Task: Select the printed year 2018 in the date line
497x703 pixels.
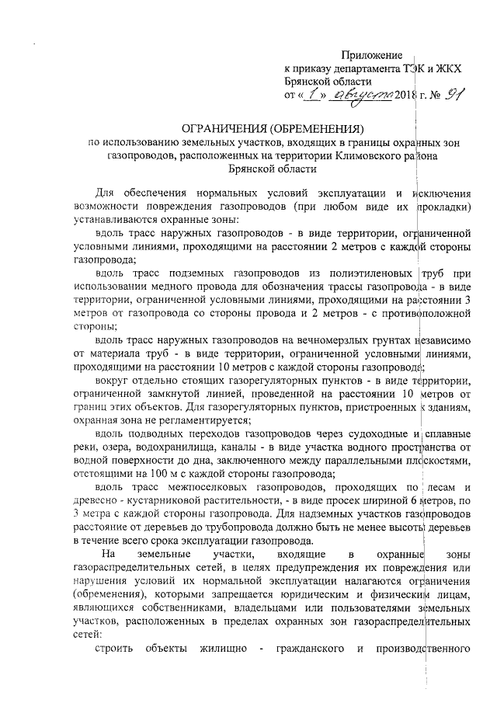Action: coord(407,96)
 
